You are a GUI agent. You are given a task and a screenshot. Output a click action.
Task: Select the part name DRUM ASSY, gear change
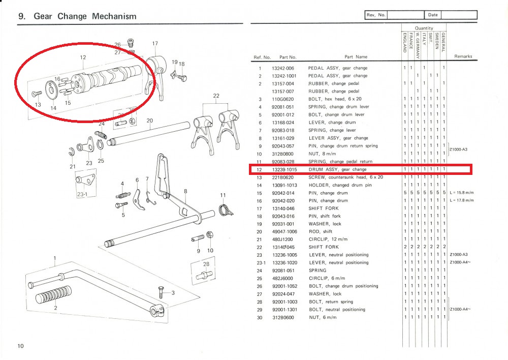[x=337, y=169]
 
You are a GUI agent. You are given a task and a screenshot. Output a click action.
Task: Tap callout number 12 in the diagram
[x=82, y=57]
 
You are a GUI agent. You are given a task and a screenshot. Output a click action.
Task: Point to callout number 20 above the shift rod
[x=149, y=121]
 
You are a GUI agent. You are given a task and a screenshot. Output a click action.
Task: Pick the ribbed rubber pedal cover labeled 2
[x=53, y=296]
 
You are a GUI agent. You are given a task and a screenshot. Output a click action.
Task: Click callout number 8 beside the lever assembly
[x=186, y=191]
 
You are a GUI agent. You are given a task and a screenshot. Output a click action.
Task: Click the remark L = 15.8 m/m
[x=461, y=193]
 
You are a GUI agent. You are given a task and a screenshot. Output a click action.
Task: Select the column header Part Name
[x=356, y=57]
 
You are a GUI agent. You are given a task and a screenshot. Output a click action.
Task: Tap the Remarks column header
[x=463, y=56]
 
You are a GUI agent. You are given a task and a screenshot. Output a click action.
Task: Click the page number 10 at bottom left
[x=20, y=346]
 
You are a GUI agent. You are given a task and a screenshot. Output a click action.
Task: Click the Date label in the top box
[x=433, y=15]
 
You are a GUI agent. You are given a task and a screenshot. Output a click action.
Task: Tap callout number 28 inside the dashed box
[x=206, y=264]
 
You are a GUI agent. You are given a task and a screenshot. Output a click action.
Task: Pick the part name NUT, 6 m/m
[x=322, y=318]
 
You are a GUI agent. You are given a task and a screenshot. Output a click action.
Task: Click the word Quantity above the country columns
[x=424, y=28]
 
